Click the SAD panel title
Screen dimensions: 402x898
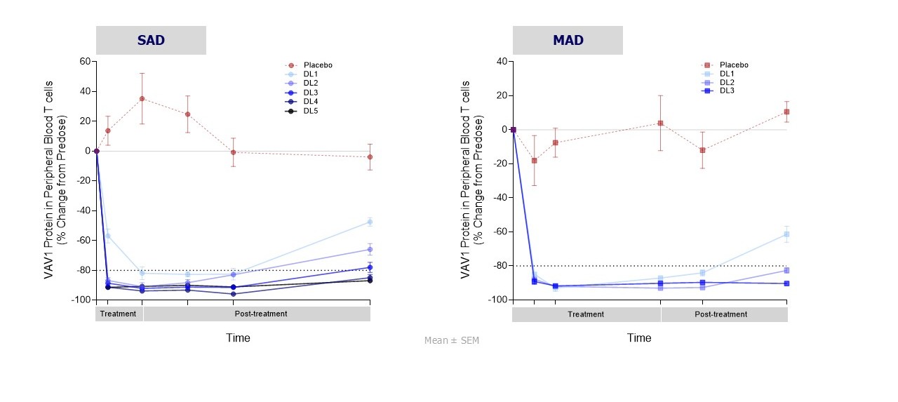point(151,40)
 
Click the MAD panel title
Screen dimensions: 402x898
point(568,40)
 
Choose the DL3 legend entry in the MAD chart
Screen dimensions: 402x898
point(729,91)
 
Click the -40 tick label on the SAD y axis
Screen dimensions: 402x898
point(82,210)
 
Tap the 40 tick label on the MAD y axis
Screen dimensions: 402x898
point(501,61)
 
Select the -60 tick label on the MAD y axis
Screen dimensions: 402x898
point(499,232)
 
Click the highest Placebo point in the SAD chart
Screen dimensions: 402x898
point(142,99)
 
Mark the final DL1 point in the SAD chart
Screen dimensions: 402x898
point(370,222)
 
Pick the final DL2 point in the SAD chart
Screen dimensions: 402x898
point(370,249)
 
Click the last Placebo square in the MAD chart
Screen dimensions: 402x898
point(786,112)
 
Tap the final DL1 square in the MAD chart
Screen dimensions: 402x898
point(786,234)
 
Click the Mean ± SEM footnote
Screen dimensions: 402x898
point(452,340)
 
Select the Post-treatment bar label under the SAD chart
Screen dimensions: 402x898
point(256,314)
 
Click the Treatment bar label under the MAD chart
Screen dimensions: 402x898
point(586,314)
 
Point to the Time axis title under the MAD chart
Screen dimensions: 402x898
point(639,337)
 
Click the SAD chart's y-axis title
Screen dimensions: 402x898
point(55,179)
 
